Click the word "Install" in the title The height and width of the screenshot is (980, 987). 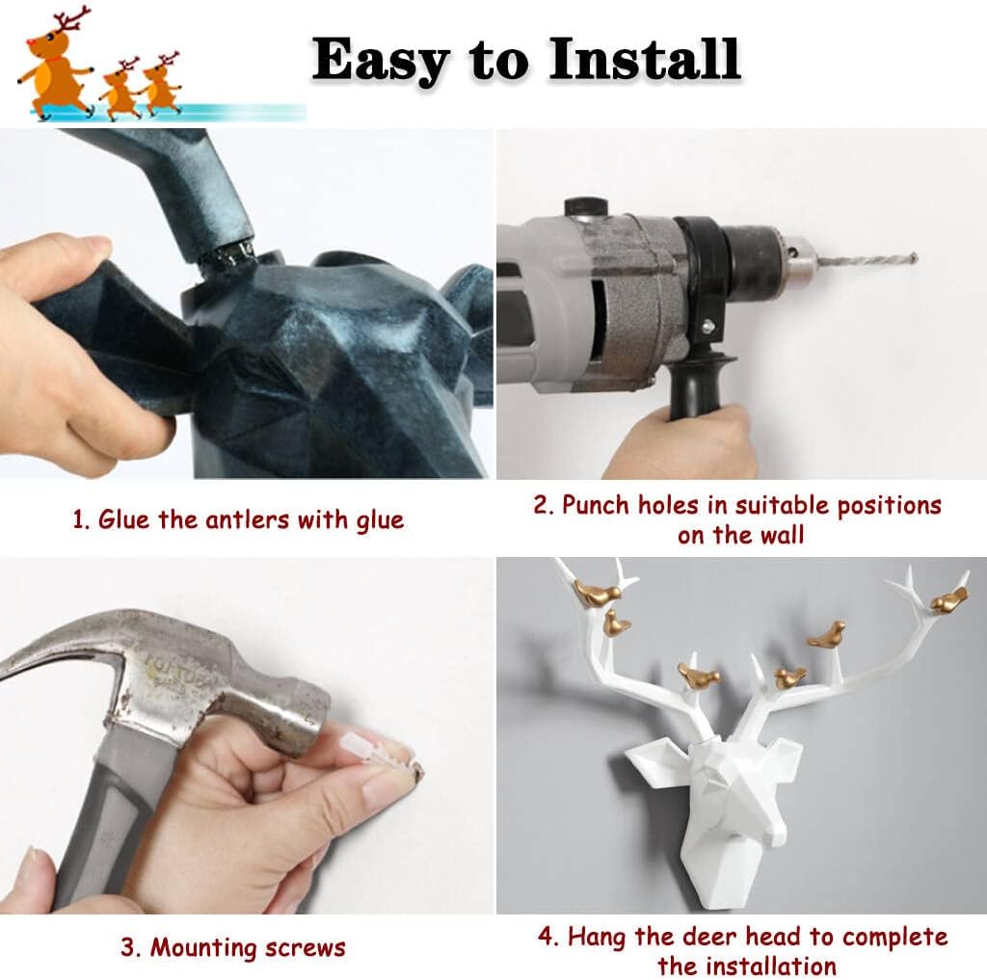tap(645, 59)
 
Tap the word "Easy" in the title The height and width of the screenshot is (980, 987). tap(380, 61)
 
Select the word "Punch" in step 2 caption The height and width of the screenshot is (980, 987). tap(595, 506)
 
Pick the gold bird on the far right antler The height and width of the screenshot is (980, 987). tap(948, 599)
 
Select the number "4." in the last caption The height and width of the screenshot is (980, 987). tap(548, 937)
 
